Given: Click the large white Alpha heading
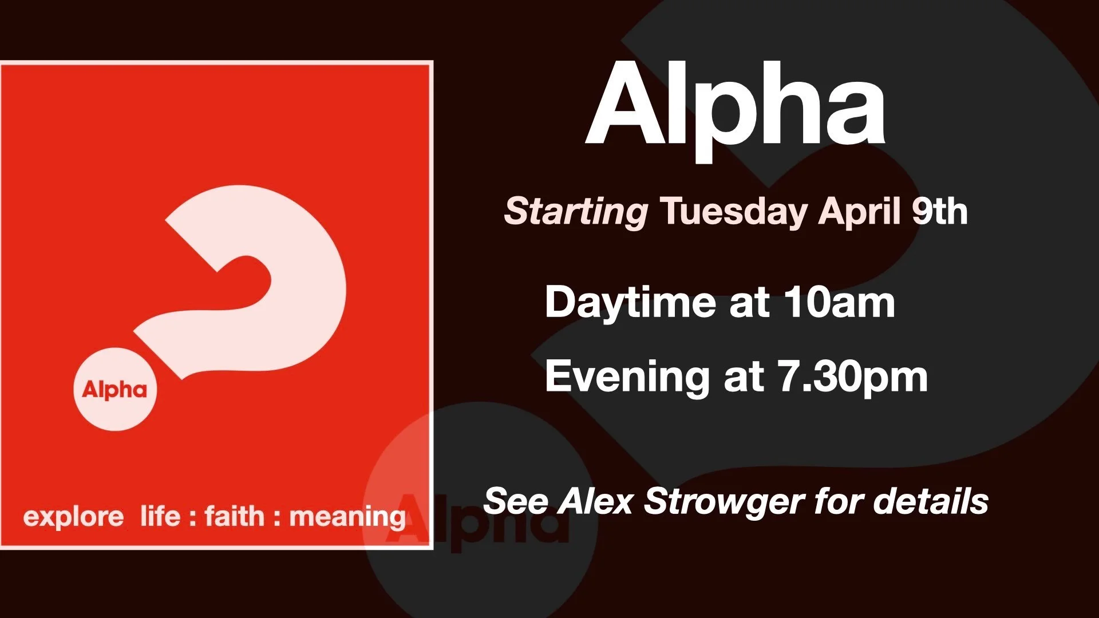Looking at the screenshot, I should [x=736, y=106].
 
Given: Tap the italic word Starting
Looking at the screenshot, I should [x=576, y=211].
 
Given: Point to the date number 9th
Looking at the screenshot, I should [x=939, y=211].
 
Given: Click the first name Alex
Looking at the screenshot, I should [x=596, y=501].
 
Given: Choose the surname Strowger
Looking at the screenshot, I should [x=724, y=502].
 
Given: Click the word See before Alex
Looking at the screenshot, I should [x=516, y=501].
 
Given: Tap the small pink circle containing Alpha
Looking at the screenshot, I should [x=115, y=389].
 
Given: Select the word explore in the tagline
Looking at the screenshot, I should [x=73, y=517].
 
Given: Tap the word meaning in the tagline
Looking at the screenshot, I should [x=347, y=517].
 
